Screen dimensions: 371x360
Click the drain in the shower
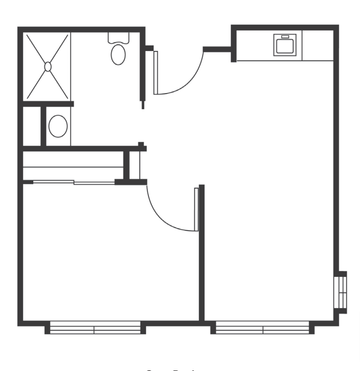48,66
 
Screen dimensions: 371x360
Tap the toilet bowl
118,54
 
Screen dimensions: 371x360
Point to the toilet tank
118,38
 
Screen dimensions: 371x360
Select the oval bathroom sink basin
58,126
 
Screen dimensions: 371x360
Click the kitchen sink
285,45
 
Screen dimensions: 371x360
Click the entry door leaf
156,73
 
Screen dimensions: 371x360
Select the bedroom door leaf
196,209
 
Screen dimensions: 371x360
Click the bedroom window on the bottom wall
95,329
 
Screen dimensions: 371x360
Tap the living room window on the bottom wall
262,329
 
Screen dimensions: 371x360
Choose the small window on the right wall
343,292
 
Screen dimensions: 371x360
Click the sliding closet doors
74,182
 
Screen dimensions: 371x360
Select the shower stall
47,66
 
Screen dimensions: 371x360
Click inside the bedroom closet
72,166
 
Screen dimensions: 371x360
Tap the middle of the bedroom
111,255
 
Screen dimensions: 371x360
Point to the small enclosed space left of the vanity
32,126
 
